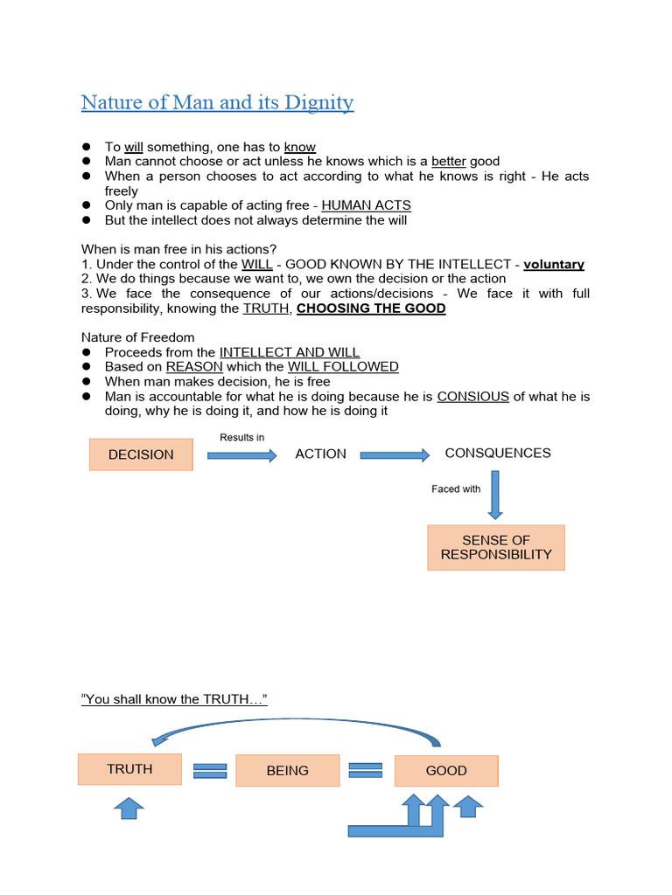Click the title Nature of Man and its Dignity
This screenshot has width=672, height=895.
(x=217, y=103)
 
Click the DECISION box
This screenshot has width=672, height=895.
(x=141, y=454)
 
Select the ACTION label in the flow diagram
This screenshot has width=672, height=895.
(x=320, y=454)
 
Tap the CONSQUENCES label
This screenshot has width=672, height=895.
(x=498, y=453)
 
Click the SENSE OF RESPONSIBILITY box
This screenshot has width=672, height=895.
(x=496, y=547)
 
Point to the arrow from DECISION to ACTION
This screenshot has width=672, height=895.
(x=241, y=455)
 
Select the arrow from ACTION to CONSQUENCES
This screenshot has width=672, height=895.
(x=395, y=455)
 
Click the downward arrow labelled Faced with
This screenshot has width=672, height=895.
(x=496, y=495)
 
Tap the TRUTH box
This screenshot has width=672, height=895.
(x=129, y=769)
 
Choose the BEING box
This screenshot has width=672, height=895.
(x=288, y=771)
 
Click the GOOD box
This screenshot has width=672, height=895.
(x=446, y=771)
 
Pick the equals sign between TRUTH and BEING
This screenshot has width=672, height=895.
(x=210, y=770)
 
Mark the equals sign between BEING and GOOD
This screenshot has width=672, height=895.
(x=366, y=770)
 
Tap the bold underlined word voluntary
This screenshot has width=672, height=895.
(x=554, y=264)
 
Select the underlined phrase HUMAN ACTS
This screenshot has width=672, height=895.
(x=366, y=205)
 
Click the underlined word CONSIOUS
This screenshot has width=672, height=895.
(x=473, y=396)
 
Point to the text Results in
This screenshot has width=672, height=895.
(x=242, y=437)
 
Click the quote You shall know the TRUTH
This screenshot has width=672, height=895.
(x=174, y=698)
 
